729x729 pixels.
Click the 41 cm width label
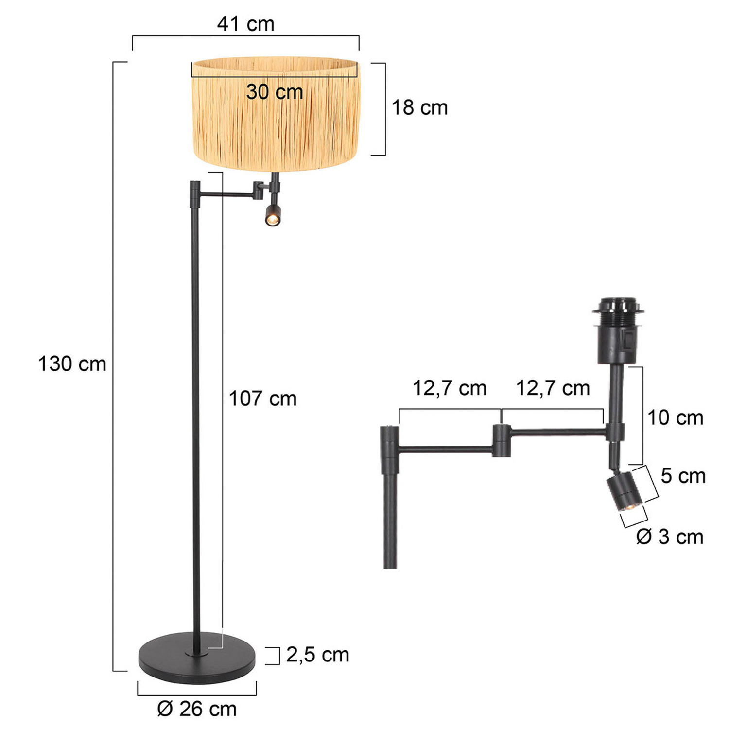(x=245, y=23)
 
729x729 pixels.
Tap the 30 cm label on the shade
(x=274, y=91)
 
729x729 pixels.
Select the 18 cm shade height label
(x=419, y=107)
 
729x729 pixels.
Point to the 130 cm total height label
(x=72, y=364)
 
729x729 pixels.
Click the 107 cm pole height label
(x=262, y=399)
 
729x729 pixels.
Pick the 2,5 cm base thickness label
(x=317, y=655)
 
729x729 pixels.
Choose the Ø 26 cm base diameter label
(x=197, y=709)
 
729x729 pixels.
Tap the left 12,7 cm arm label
(x=449, y=388)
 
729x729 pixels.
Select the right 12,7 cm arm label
(x=553, y=388)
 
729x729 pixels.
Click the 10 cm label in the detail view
(x=675, y=417)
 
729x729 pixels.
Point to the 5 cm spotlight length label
(x=683, y=476)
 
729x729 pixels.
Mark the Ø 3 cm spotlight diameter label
(x=670, y=537)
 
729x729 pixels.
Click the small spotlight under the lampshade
(x=273, y=214)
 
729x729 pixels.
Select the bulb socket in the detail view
(x=617, y=335)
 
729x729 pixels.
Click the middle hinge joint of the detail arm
(x=501, y=440)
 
